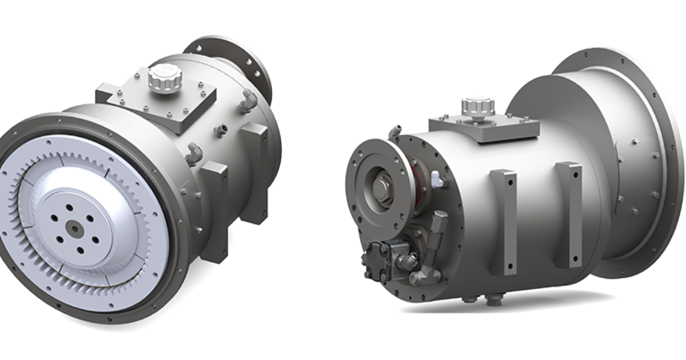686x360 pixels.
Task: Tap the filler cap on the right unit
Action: coord(478,106)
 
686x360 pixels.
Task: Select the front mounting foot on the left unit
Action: coord(216,211)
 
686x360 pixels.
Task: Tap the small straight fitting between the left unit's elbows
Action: coord(220,132)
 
